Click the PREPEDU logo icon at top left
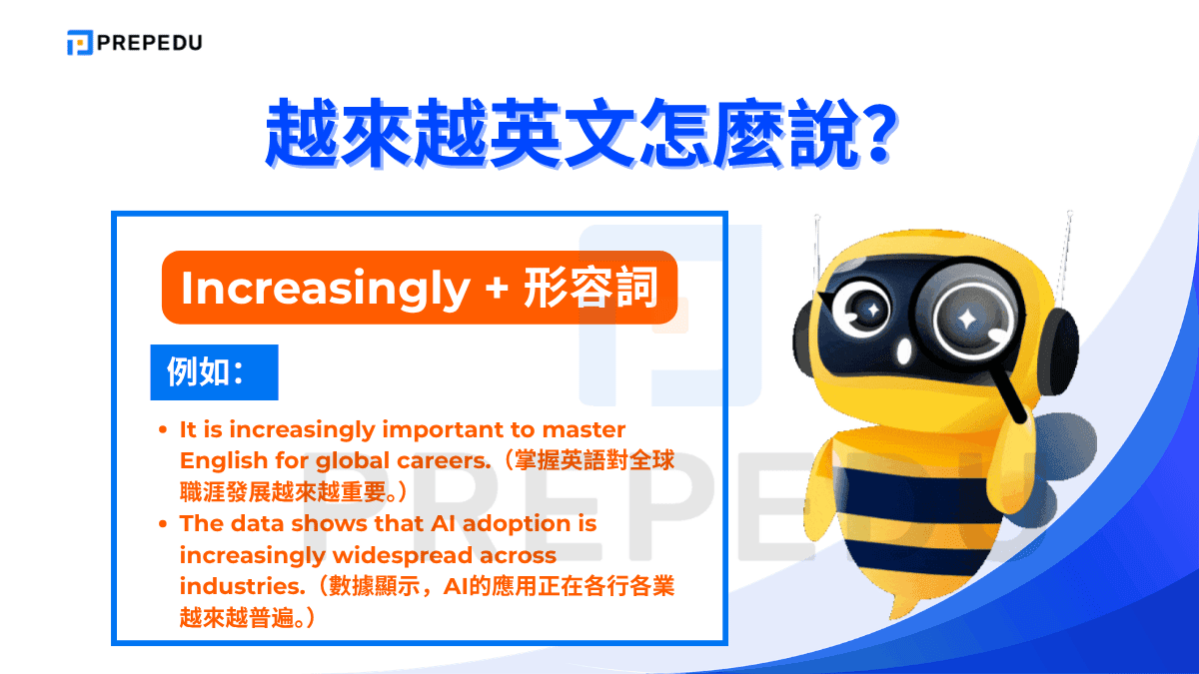coord(80,43)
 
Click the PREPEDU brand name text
coord(150,43)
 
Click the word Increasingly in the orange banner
coord(325,289)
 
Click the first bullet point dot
coord(163,431)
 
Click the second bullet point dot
coord(163,524)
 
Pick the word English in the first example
coord(223,461)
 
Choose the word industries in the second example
coord(232,585)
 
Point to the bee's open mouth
coord(903,352)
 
